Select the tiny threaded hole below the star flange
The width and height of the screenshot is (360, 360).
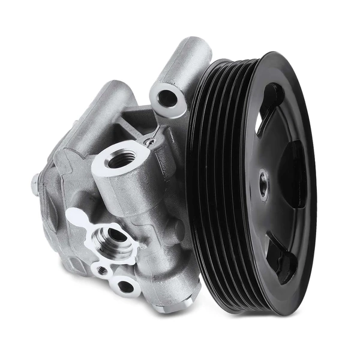(102, 271)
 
